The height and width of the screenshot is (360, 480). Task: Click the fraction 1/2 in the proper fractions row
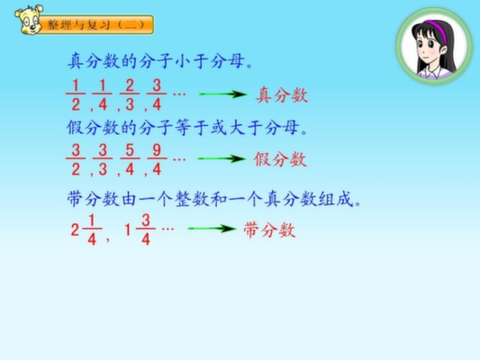(x=76, y=95)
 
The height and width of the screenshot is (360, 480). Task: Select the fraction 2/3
(x=130, y=95)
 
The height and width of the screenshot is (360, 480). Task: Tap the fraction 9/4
(x=157, y=160)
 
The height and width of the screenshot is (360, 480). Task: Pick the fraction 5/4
(x=130, y=160)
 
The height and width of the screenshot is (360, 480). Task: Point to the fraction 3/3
(x=103, y=160)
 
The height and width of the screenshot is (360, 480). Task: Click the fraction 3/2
(x=76, y=160)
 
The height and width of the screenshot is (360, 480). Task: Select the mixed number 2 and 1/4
(x=86, y=230)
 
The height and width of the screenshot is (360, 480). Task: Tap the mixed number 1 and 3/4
(x=140, y=230)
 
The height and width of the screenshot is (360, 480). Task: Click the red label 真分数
(x=282, y=94)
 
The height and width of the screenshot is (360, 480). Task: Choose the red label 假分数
(x=280, y=159)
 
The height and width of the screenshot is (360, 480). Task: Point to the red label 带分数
(x=269, y=229)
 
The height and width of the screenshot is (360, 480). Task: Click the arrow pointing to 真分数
(x=222, y=94)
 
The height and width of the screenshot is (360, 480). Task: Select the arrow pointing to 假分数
(x=222, y=158)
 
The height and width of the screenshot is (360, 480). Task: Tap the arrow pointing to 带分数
(x=212, y=229)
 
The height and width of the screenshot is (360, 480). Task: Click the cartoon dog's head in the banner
(x=29, y=19)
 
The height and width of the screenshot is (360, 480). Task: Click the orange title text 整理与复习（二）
(x=95, y=24)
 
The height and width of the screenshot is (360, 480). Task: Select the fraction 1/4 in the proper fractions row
(x=103, y=95)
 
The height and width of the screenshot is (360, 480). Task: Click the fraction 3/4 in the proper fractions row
(x=157, y=95)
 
